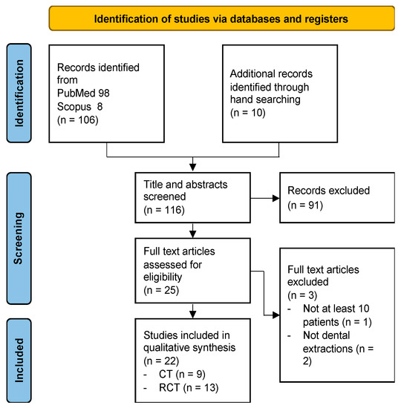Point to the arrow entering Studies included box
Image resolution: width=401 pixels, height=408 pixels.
194,310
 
